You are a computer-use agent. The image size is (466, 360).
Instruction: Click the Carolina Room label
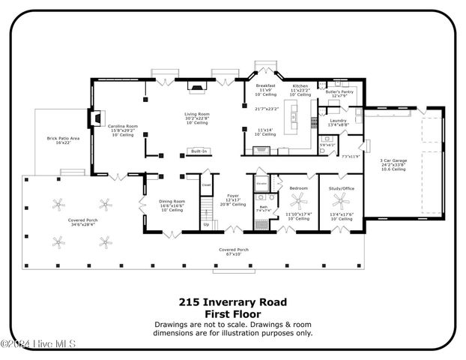[122, 126]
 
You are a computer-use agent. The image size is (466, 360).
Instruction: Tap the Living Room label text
[198, 114]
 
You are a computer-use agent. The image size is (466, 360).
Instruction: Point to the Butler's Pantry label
[339, 91]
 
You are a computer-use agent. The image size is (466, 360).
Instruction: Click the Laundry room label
[336, 120]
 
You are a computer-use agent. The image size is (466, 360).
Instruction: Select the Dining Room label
[172, 201]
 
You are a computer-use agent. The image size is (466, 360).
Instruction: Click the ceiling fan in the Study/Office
[342, 199]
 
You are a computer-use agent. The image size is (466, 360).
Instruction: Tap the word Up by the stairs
[207, 224]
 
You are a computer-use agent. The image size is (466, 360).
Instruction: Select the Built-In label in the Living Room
[199, 151]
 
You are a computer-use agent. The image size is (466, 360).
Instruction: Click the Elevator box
[262, 184]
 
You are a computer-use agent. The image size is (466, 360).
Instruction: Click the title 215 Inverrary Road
[232, 302]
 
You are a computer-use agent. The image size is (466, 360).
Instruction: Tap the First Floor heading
[232, 314]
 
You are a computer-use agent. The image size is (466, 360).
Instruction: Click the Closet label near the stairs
[206, 184]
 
